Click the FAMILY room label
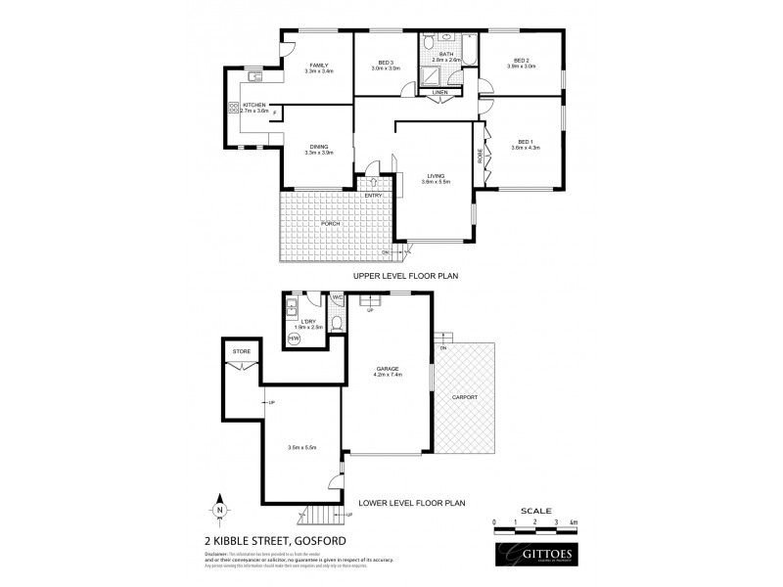tap(319, 64)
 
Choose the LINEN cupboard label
tap(439, 93)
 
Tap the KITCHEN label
tap(254, 104)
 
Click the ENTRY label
tap(373, 196)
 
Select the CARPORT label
tap(465, 398)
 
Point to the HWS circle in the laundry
tap(294, 339)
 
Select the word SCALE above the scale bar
tap(536, 511)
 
